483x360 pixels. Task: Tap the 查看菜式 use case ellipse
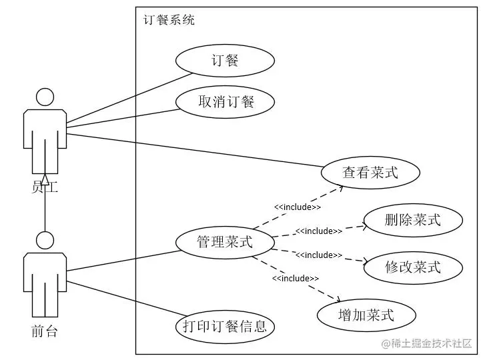(x=370, y=173)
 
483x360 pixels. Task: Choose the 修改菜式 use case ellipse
(x=413, y=267)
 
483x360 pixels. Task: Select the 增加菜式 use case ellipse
(x=366, y=314)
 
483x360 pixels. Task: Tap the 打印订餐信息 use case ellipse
(x=225, y=327)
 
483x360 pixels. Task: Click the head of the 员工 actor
(x=45, y=97)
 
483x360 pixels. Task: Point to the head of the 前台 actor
(x=45, y=240)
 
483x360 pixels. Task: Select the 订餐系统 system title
(x=169, y=20)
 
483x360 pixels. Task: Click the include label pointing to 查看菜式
(x=297, y=207)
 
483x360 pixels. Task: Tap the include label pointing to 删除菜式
(x=318, y=231)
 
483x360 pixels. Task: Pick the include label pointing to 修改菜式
(x=318, y=255)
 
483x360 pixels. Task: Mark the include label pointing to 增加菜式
(x=296, y=278)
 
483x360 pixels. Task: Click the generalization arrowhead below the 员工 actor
(x=45, y=178)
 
